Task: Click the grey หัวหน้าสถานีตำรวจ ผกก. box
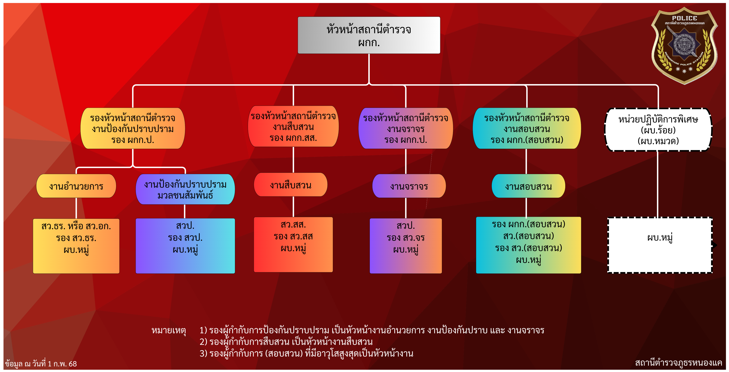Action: point(369,35)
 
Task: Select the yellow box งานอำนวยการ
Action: point(76,186)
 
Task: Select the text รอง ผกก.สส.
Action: point(293,138)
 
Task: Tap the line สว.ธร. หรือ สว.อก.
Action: point(76,226)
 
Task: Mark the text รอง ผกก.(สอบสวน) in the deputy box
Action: point(527,140)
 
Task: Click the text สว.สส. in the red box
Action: point(293,225)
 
